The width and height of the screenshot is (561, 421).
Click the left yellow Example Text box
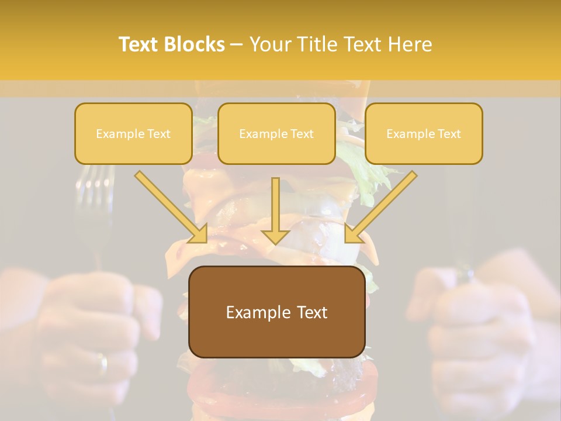[133, 134]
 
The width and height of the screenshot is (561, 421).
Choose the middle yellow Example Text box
[276, 134]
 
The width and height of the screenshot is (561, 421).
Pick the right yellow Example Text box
[424, 134]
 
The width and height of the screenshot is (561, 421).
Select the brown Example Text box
[276, 312]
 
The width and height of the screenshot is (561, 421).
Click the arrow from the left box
[172, 208]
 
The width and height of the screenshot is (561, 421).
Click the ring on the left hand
[102, 364]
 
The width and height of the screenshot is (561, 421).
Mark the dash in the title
[237, 44]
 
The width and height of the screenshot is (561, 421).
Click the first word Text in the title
[140, 44]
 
